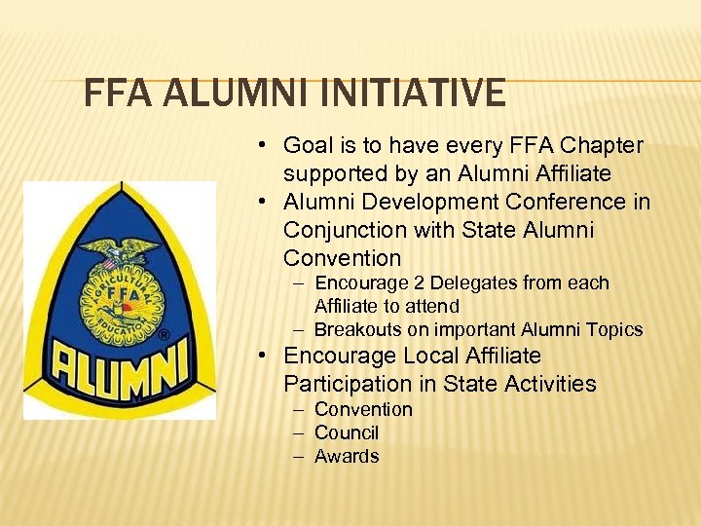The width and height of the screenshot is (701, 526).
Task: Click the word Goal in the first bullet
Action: (306, 146)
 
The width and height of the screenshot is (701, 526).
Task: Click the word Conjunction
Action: (340, 231)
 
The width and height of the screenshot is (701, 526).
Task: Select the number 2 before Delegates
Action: (423, 283)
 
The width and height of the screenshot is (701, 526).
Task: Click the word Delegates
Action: (476, 283)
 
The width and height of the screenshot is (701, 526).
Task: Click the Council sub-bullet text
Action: (347, 433)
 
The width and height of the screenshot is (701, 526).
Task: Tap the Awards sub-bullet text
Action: (347, 457)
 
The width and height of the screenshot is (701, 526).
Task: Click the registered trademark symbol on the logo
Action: (165, 335)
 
